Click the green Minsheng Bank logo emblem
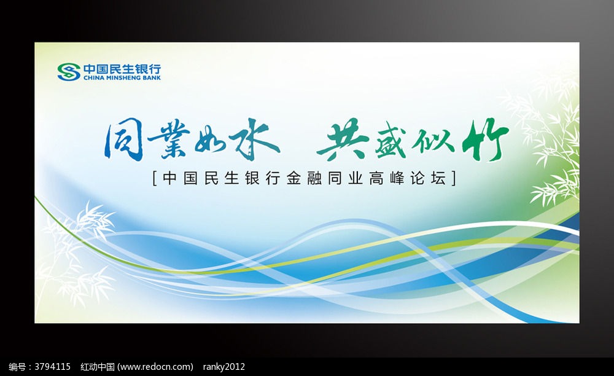[69, 72]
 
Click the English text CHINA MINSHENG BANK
[122, 78]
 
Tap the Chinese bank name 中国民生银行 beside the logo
[122, 69]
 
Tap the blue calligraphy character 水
[255, 139]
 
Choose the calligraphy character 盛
[391, 143]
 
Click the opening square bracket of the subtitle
[155, 178]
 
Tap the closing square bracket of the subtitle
[454, 178]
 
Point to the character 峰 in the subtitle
[397, 178]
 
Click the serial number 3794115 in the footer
[52, 367]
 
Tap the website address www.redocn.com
[155, 367]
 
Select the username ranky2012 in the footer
[223, 367]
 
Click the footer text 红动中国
[98, 367]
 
